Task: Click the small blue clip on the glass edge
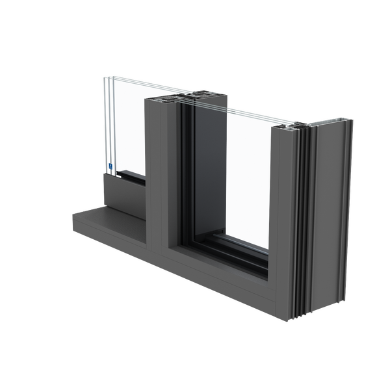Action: pyautogui.click(x=112, y=167)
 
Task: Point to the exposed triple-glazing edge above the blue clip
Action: pyautogui.click(x=107, y=123)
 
